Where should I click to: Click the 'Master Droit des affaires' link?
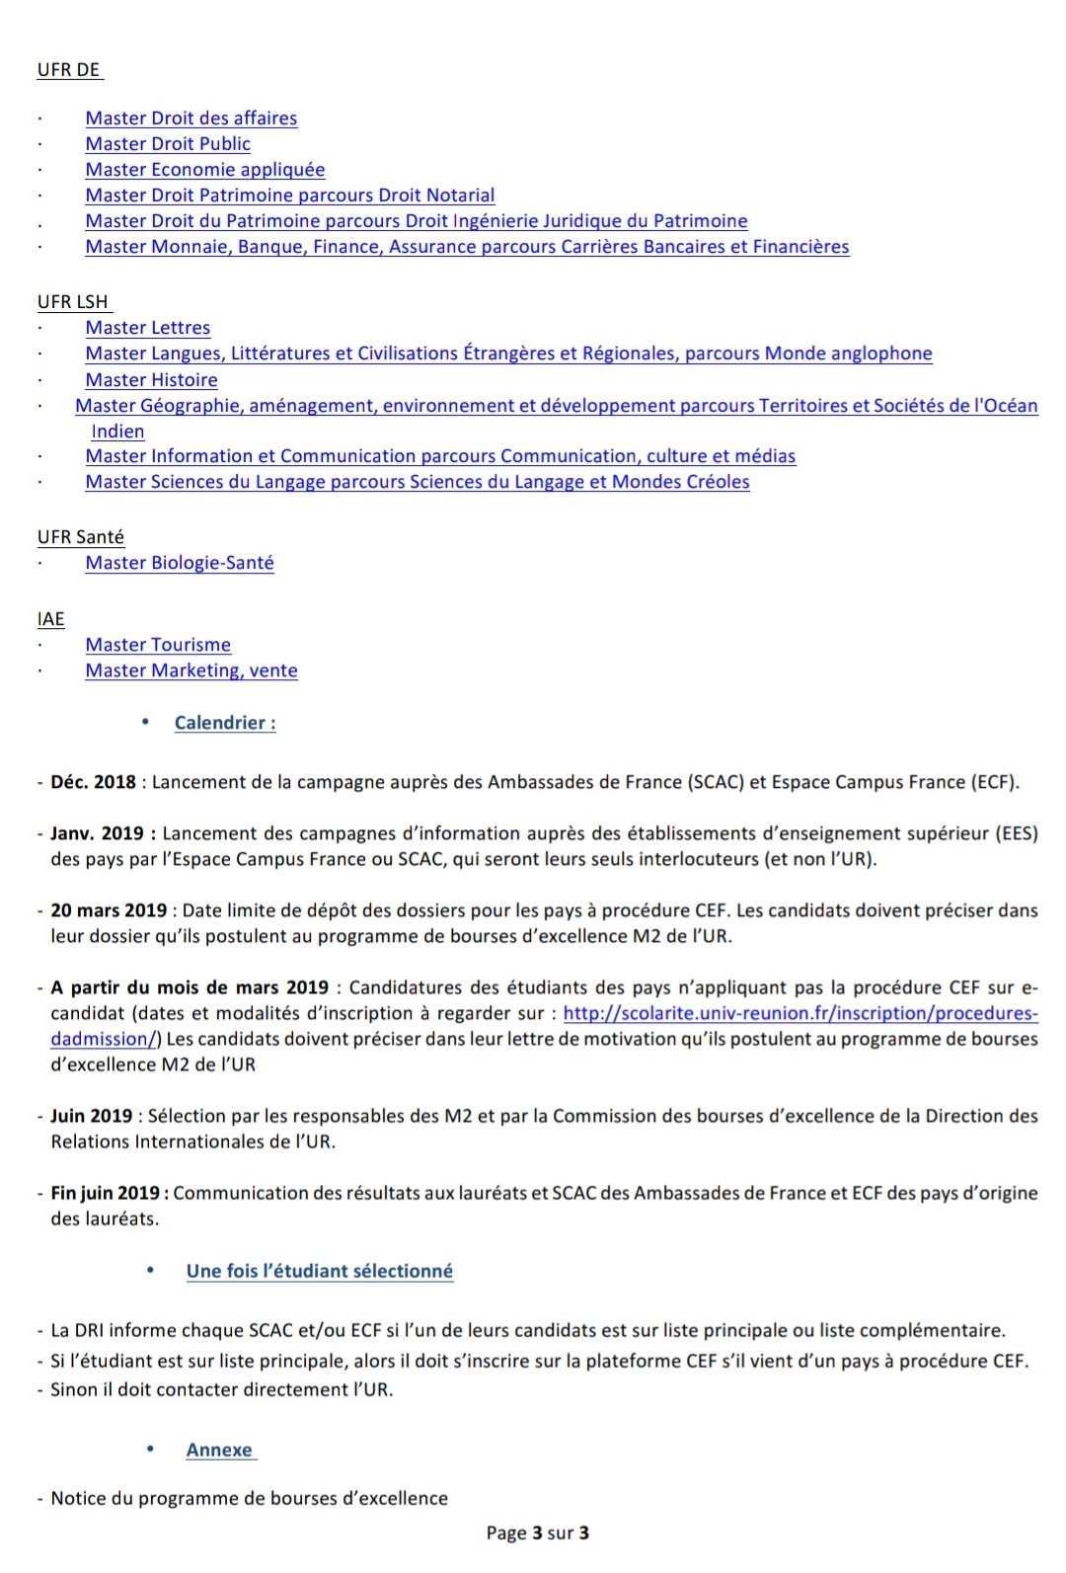190,118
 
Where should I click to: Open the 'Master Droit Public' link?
168,144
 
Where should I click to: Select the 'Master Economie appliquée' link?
204,170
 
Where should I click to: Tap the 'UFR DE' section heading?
69,70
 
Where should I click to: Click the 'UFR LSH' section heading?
73,302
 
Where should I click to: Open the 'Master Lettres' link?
147,328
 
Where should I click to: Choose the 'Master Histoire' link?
151,380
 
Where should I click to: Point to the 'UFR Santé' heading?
81,537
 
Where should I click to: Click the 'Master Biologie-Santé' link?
180,563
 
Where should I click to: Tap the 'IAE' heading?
51,619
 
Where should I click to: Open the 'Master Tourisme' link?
158,645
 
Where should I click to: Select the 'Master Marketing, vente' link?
191,670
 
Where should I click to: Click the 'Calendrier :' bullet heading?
225,723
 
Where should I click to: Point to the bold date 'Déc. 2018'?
93,782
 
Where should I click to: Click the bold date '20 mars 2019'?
109,910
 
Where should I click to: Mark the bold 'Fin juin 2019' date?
109,1193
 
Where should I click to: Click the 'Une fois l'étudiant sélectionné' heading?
319,1271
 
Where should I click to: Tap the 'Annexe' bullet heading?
219,1450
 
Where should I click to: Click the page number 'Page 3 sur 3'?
537,1533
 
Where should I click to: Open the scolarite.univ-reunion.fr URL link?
799,1013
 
